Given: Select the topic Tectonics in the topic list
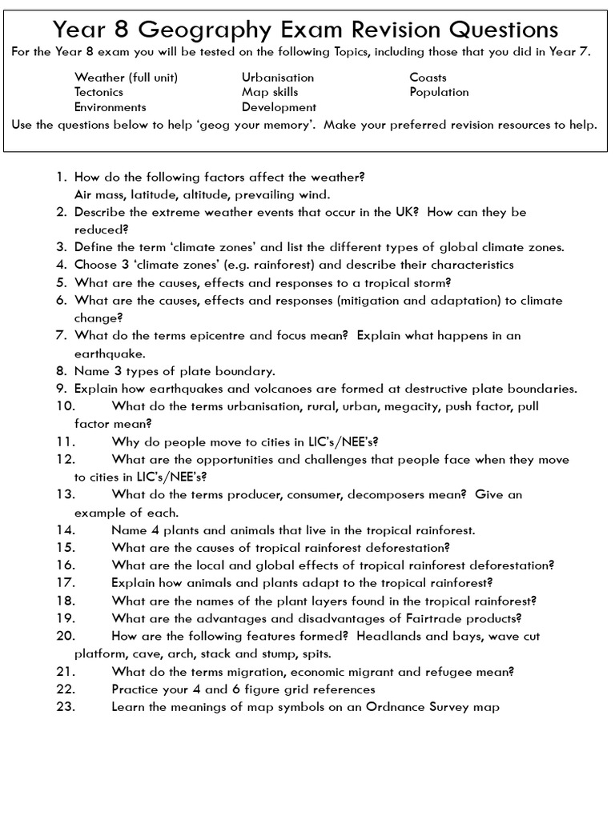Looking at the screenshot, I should pyautogui.click(x=98, y=92).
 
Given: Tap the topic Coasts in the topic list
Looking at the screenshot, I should pyautogui.click(x=428, y=78).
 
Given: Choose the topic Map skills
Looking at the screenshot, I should pyautogui.click(x=271, y=92).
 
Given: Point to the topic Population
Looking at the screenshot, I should pyautogui.click(x=439, y=92).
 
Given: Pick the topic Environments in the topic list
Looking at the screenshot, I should pyautogui.click(x=111, y=106).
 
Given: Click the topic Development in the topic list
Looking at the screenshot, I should pyautogui.click(x=279, y=106).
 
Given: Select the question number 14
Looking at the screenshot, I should pyautogui.click(x=65, y=529).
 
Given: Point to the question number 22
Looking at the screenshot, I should pyautogui.click(x=65, y=689).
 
